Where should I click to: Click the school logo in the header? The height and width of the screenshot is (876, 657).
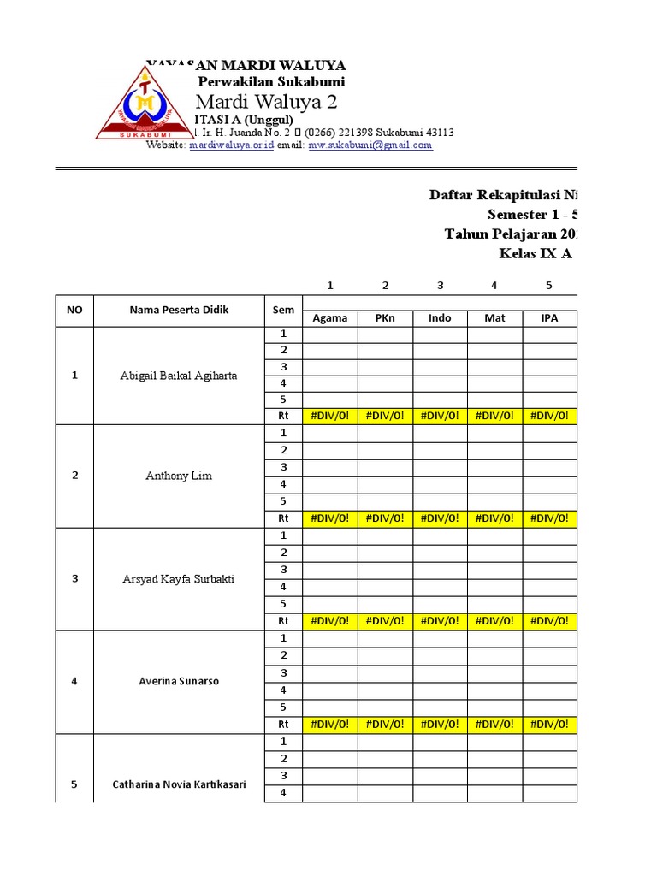pyautogui.click(x=144, y=103)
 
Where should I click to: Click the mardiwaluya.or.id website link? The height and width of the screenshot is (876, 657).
pyautogui.click(x=231, y=145)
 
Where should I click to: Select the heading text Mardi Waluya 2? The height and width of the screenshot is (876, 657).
pyautogui.click(x=267, y=103)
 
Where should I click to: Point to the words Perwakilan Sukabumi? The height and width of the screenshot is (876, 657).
pyautogui.click(x=271, y=82)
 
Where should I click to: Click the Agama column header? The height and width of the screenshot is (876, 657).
pyautogui.click(x=330, y=318)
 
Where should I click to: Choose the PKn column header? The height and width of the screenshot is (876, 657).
pyautogui.click(x=385, y=318)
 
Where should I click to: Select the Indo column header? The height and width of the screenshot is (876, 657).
pyautogui.click(x=440, y=318)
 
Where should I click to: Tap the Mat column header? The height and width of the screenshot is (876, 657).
pyautogui.click(x=494, y=318)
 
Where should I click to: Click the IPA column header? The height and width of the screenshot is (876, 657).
pyautogui.click(x=549, y=318)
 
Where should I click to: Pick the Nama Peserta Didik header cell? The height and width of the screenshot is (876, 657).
pyautogui.click(x=179, y=310)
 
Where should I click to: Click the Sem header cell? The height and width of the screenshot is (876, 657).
pyautogui.click(x=282, y=310)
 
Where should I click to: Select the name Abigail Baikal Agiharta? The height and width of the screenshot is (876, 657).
pyautogui.click(x=179, y=375)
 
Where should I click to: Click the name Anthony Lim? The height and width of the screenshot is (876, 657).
pyautogui.click(x=179, y=476)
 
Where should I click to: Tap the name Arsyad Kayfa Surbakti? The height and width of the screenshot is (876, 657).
pyautogui.click(x=179, y=579)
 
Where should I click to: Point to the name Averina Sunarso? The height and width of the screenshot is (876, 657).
pyautogui.click(x=179, y=682)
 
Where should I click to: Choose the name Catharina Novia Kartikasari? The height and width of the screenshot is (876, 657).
pyautogui.click(x=179, y=784)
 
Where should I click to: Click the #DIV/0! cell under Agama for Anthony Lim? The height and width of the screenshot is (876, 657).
pyautogui.click(x=330, y=518)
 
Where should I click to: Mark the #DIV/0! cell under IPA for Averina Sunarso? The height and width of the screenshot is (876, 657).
pyautogui.click(x=549, y=725)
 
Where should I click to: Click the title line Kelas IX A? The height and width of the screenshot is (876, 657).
pyautogui.click(x=536, y=254)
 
